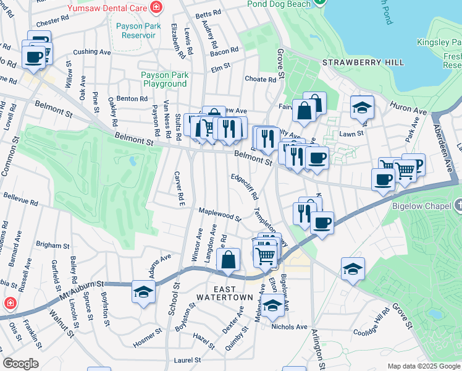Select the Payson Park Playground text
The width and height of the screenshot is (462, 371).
(x=164, y=79)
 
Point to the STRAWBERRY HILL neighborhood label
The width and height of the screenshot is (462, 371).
(x=363, y=63)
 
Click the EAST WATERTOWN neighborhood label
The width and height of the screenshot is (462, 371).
(x=224, y=293)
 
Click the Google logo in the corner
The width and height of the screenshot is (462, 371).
(x=20, y=364)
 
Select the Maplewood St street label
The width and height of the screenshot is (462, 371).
(x=219, y=215)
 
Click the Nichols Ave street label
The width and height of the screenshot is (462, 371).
(x=289, y=326)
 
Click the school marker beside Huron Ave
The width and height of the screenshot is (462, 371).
(x=362, y=108)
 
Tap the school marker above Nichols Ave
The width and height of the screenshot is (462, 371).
(x=272, y=305)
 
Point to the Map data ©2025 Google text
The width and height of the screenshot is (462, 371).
(x=423, y=366)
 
